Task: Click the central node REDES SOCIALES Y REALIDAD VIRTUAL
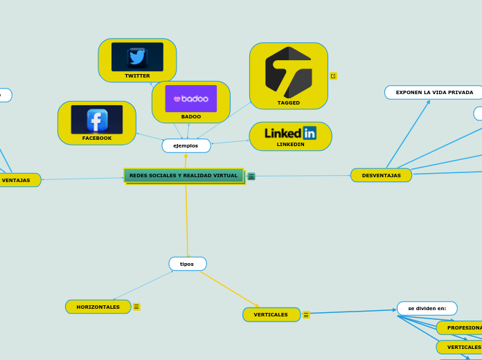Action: pyautogui.click(x=184, y=176)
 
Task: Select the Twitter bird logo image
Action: pyautogui.click(x=137, y=57)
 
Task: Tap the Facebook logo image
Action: pyautogui.click(x=97, y=120)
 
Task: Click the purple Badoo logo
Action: pyautogui.click(x=190, y=98)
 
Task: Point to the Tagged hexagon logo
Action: pyautogui.click(x=289, y=72)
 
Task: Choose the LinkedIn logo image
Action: pyautogui.click(x=290, y=132)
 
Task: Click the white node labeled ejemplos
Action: pyautogui.click(x=186, y=146)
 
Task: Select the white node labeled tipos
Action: pyautogui.click(x=187, y=264)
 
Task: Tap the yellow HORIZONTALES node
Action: pyautogui.click(x=98, y=307)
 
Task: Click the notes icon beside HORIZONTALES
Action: pyautogui.click(x=136, y=307)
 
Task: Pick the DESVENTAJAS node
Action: pyautogui.click(x=381, y=175)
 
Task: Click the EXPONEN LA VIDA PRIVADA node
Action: pyautogui.click(x=434, y=92)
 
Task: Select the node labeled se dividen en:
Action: pyautogui.click(x=427, y=308)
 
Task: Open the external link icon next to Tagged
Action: pyautogui.click(x=333, y=76)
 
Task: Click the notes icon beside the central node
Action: pyautogui.click(x=251, y=177)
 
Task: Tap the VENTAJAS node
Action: pyautogui.click(x=17, y=180)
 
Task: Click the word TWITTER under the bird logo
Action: pyautogui.click(x=137, y=75)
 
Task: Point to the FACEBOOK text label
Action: pyautogui.click(x=97, y=138)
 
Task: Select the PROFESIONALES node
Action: pyautogui.click(x=463, y=327)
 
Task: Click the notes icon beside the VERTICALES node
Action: pyautogui.click(x=306, y=315)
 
